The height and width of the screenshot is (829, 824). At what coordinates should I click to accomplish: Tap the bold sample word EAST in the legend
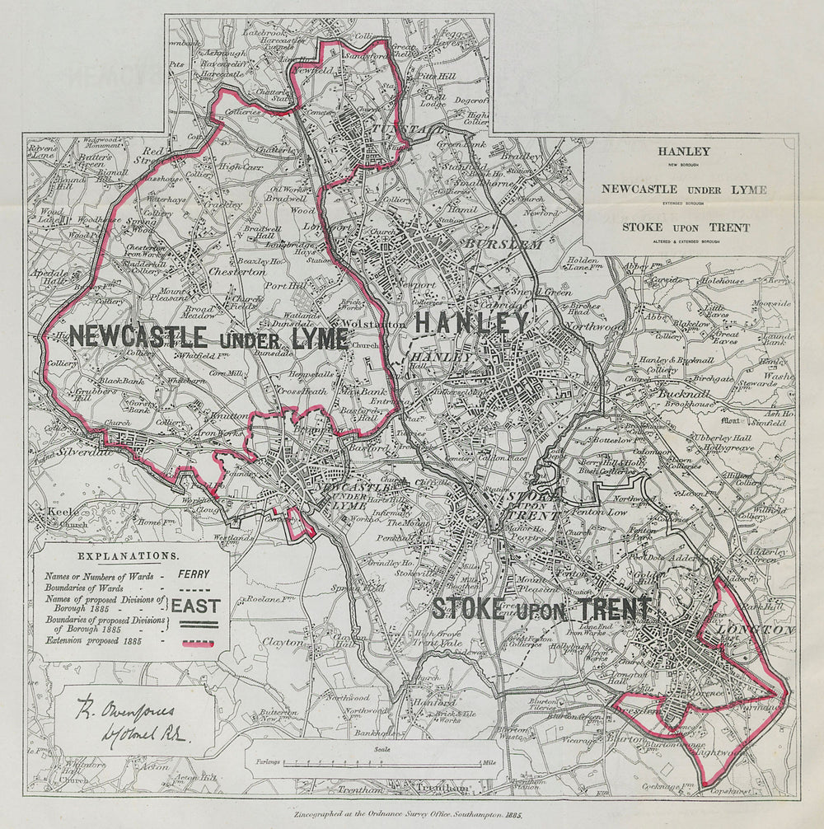click(196, 606)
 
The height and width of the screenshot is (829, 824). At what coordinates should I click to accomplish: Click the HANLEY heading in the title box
click(683, 152)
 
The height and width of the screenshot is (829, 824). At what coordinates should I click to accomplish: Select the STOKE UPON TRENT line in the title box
click(686, 227)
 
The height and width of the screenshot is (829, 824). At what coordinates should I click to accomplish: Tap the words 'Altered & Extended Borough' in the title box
click(686, 241)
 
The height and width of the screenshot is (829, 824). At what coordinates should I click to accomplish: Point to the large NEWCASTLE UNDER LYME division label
click(208, 337)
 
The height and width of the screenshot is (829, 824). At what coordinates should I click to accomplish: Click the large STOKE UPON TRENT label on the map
click(541, 610)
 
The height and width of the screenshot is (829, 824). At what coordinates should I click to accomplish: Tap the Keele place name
click(63, 512)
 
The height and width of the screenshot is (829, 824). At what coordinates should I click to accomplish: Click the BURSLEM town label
click(503, 245)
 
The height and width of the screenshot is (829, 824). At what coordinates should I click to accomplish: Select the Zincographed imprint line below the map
click(410, 813)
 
